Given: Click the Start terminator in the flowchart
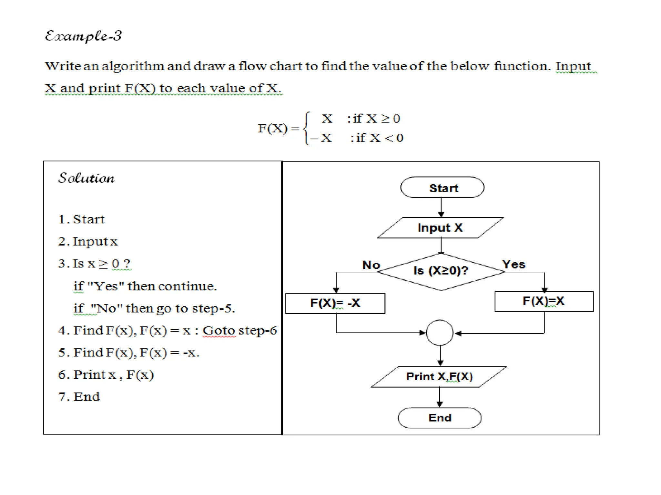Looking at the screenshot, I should [x=442, y=188].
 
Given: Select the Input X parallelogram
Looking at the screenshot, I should [x=440, y=228].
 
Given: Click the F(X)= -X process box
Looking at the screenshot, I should [x=335, y=303].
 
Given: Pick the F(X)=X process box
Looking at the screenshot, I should [x=544, y=301].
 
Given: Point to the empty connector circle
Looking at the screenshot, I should [x=440, y=333].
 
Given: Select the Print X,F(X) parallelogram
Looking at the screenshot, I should [x=439, y=376].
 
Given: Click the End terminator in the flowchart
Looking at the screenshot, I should [x=440, y=418].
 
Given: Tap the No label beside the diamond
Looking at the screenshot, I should [x=371, y=265].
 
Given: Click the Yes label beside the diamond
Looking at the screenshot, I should [x=514, y=264].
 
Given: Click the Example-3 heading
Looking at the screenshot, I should [x=83, y=36].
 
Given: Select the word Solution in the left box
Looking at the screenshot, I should [x=86, y=178].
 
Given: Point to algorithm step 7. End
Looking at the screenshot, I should [x=79, y=397].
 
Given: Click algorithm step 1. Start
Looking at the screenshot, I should [x=81, y=219].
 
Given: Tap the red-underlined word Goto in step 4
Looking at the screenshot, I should [x=219, y=331].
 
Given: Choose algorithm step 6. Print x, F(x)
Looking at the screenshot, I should [x=106, y=375].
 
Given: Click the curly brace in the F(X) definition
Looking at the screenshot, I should [x=307, y=129].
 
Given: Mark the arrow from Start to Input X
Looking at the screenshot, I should [x=441, y=207].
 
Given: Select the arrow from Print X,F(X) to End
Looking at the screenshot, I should [x=440, y=397].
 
